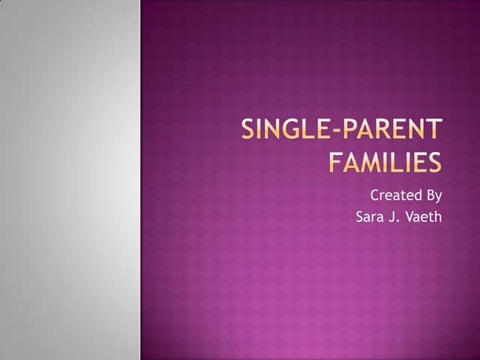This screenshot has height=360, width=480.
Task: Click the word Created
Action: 393,196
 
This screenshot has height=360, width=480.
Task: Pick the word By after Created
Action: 433,196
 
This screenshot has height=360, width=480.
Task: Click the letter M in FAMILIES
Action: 367,162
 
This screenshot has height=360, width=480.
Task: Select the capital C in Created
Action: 375,196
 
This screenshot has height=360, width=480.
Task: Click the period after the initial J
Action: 401,222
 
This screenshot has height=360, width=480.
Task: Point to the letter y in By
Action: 438,198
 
